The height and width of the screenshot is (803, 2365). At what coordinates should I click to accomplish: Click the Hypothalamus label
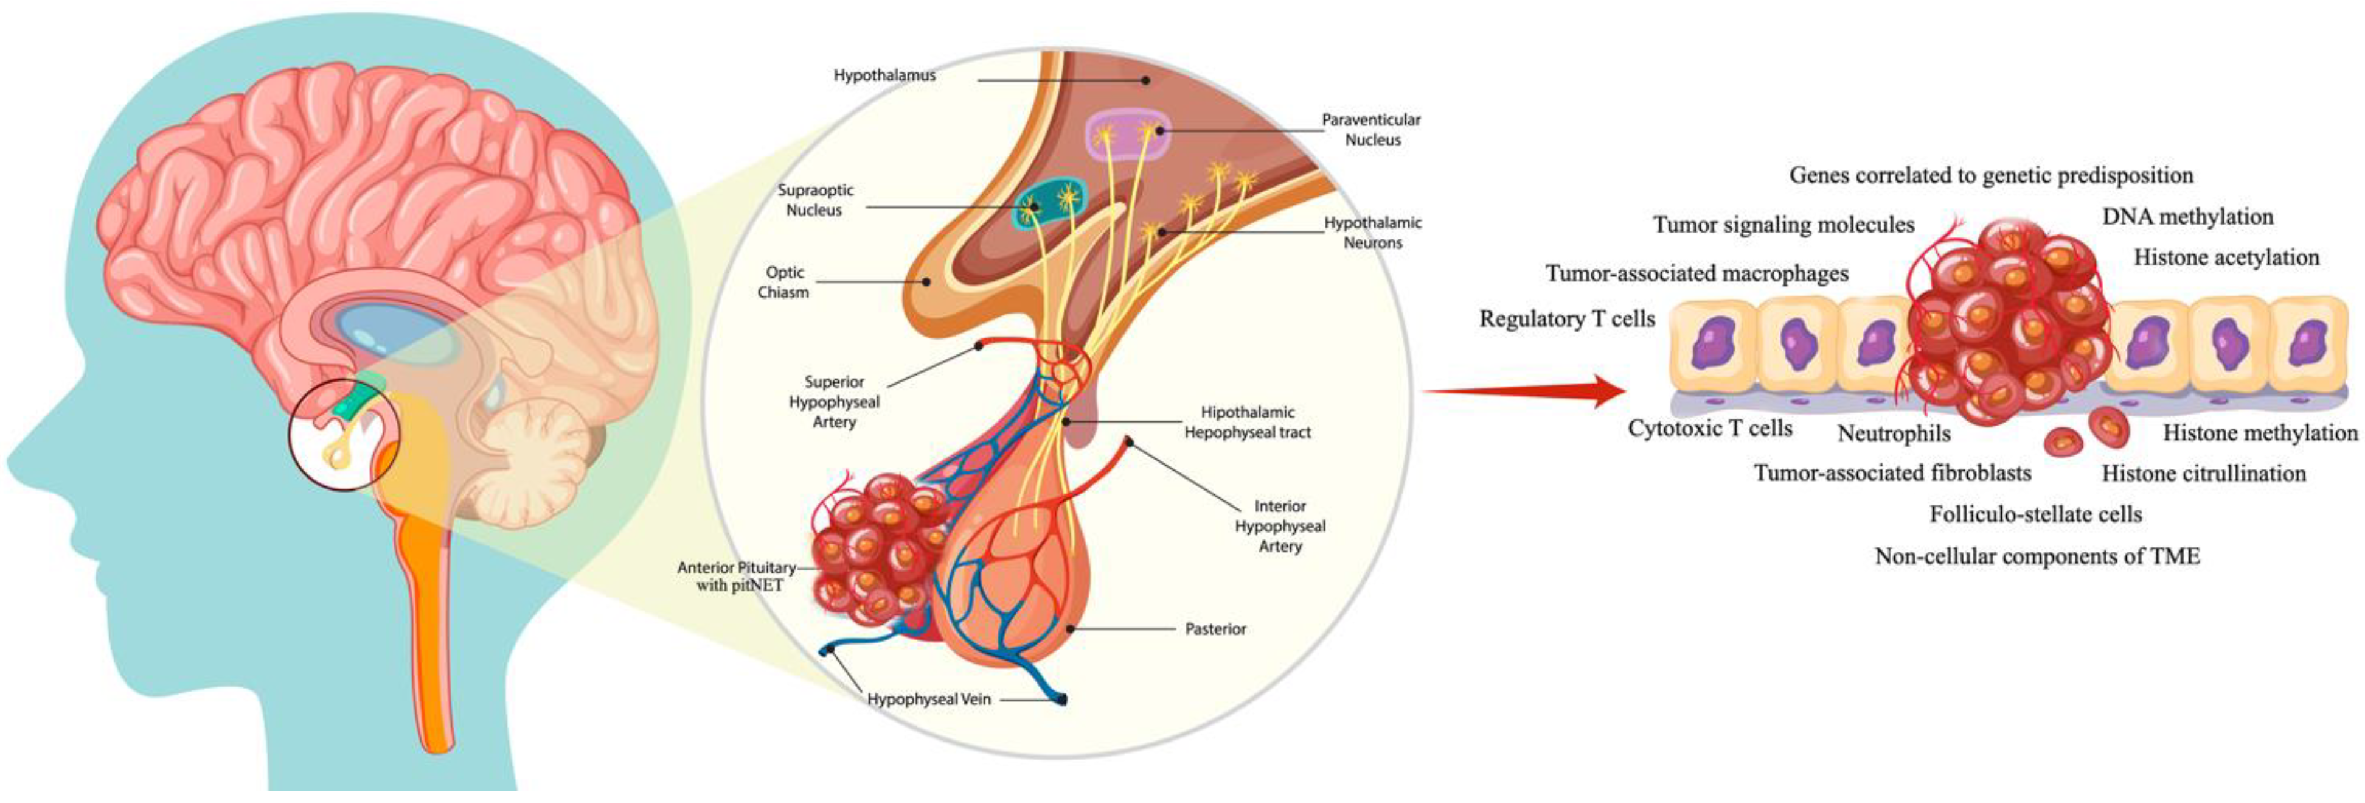[x=884, y=75]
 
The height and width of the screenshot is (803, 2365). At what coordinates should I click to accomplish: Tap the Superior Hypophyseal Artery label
[x=833, y=402]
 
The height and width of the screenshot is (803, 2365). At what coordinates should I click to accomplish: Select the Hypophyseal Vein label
[x=929, y=699]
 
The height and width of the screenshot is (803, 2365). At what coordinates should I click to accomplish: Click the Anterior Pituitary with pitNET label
[x=737, y=576]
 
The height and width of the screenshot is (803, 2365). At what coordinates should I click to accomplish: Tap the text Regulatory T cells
[x=1566, y=319]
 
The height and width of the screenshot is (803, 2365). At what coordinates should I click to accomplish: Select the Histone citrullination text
[x=2203, y=473]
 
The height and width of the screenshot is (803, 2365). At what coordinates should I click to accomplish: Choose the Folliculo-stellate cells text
[x=2035, y=514]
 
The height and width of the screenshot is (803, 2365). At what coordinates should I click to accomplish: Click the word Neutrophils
[x=1894, y=433]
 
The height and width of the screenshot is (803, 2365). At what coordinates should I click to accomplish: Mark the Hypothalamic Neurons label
[x=1372, y=233]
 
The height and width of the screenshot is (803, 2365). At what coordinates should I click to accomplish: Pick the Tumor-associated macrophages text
[x=1696, y=273]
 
